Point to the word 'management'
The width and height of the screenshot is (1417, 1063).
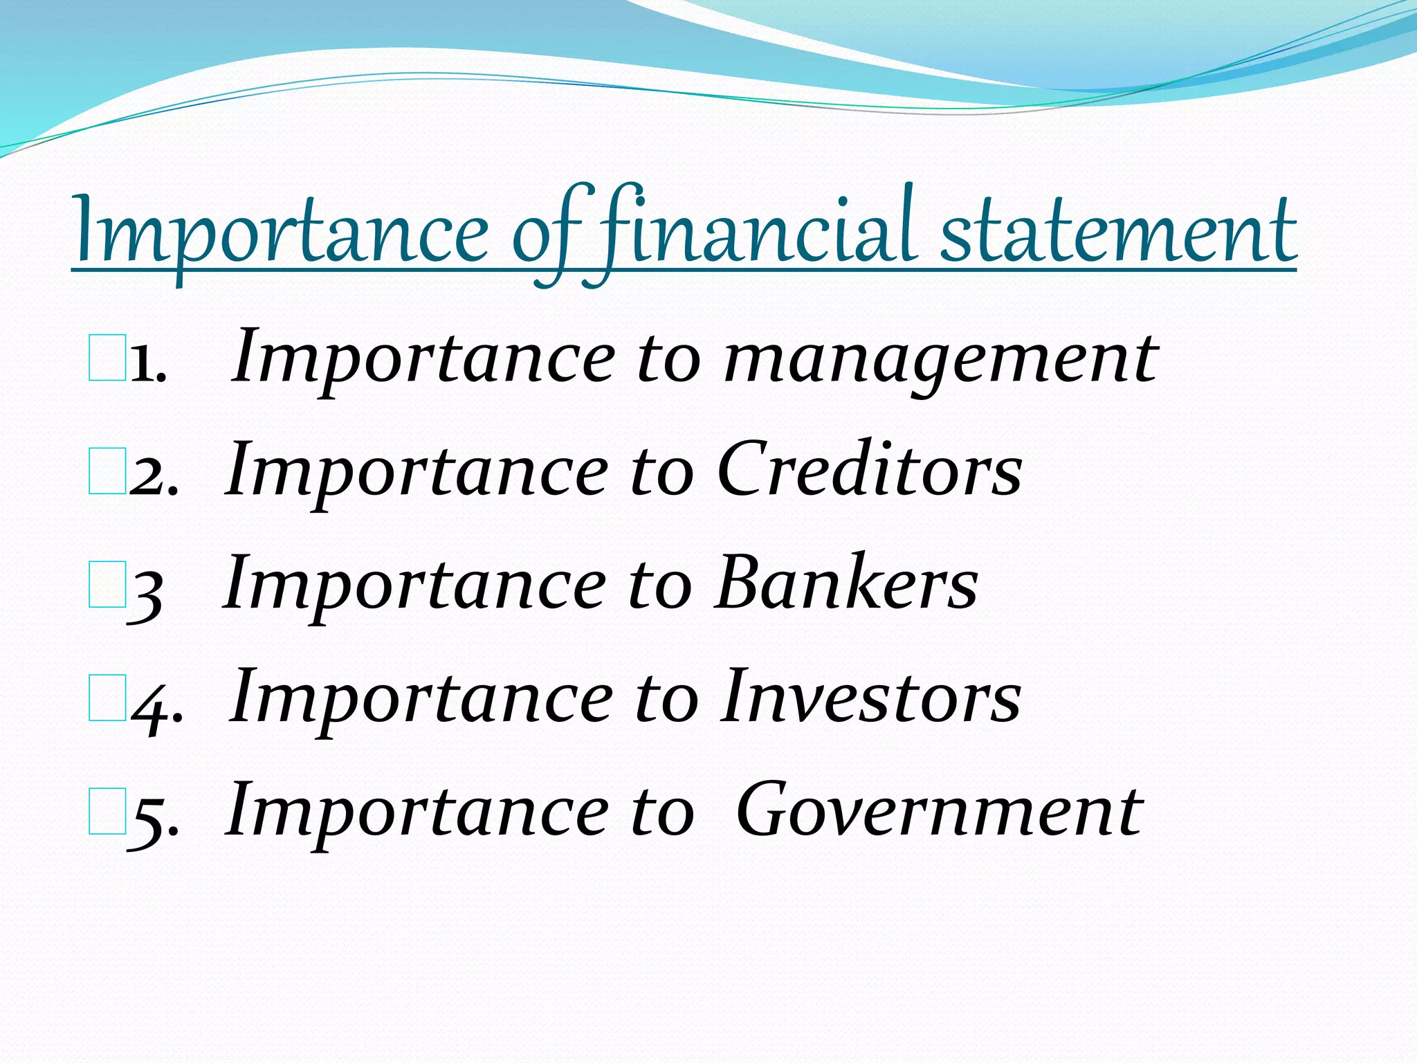click(x=940, y=360)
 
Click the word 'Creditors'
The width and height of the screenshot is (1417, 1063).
click(x=869, y=471)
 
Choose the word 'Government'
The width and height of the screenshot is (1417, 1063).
click(x=939, y=810)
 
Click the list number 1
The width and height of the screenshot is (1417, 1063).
click(x=147, y=363)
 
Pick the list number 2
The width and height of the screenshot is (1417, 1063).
click(x=152, y=476)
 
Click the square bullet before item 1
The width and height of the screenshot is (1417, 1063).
click(x=107, y=358)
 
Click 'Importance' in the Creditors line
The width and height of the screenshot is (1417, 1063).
click(x=416, y=473)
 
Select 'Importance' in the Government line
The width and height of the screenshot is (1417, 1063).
click(x=416, y=812)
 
